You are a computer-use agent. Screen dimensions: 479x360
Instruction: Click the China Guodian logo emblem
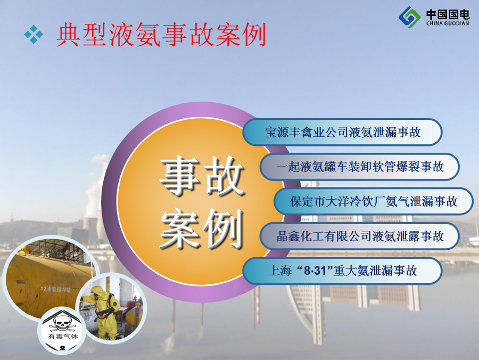(x=410, y=17)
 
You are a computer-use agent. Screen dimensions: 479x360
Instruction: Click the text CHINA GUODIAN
(x=448, y=23)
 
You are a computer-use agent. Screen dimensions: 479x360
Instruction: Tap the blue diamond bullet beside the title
(x=34, y=34)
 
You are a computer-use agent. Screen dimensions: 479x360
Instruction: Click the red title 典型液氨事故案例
(x=161, y=35)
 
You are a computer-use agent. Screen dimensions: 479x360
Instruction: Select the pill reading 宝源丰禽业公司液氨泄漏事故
(x=342, y=132)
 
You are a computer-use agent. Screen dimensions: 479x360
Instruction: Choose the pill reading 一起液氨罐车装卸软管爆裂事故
(x=360, y=167)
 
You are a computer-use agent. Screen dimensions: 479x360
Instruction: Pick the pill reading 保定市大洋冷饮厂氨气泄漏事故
(x=373, y=201)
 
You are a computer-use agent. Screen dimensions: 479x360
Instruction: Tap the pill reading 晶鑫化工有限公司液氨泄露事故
(x=360, y=236)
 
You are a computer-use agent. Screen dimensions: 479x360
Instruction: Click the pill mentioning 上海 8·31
(x=342, y=271)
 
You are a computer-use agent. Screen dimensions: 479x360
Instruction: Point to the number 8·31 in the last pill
(x=315, y=271)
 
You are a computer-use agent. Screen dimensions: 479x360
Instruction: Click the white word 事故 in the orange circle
(x=201, y=176)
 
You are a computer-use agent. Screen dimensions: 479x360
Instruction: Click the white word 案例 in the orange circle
(x=201, y=228)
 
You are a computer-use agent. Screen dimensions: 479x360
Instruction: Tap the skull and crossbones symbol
(x=63, y=324)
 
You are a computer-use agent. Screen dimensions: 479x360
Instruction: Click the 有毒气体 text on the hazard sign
(x=63, y=337)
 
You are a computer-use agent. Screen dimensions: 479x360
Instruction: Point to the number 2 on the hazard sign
(x=63, y=348)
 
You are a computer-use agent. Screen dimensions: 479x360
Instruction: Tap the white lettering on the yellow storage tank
(x=55, y=289)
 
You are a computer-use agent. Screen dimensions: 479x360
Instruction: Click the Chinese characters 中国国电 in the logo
(x=448, y=14)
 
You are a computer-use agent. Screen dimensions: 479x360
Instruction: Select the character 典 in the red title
(x=69, y=35)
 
